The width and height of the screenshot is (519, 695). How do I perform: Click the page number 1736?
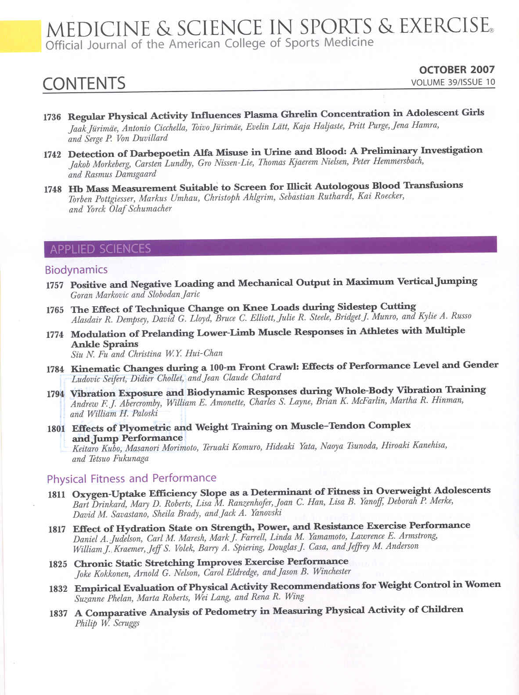tap(52, 117)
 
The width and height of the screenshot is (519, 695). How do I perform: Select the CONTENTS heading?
tap(84, 83)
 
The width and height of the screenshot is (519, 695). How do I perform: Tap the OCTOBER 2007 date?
tap(457, 70)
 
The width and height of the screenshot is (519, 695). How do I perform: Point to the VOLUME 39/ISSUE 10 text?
tap(453, 82)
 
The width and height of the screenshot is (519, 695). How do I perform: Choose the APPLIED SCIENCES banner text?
tap(100, 249)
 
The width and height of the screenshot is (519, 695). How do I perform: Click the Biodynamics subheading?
tap(76, 270)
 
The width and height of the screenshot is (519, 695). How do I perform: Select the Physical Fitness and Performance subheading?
tap(131, 478)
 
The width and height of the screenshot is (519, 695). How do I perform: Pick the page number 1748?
tap(53, 189)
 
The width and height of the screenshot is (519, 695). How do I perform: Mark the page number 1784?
tap(55, 369)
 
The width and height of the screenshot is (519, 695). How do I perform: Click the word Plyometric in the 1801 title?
tap(145, 428)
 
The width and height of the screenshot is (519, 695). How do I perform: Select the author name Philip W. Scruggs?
tap(107, 623)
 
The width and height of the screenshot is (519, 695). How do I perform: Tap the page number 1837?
tap(58, 613)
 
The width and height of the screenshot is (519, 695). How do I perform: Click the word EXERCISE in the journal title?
tap(444, 26)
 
